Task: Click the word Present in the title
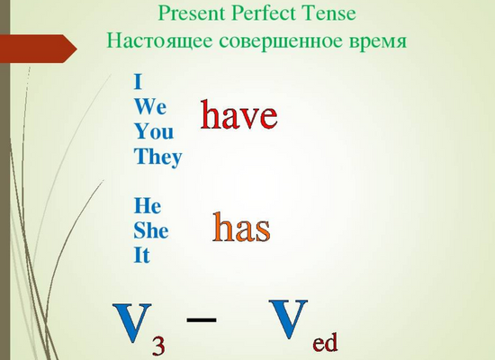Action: point(192,13)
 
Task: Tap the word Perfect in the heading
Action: point(264,13)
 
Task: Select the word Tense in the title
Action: point(328,13)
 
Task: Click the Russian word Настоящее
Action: point(159,41)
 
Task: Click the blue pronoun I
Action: point(138,82)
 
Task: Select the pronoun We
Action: point(150,106)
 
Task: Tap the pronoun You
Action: point(154,131)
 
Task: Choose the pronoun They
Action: point(158,157)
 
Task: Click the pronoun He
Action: point(148,205)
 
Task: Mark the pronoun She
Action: point(151,230)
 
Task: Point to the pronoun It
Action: point(141,256)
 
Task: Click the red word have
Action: point(239,114)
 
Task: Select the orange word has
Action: point(241,227)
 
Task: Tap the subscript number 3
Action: point(158,346)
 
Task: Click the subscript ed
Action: point(325,342)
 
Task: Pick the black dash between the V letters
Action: point(202,319)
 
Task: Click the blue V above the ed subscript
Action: point(288,319)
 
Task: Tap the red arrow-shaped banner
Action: point(39,49)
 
